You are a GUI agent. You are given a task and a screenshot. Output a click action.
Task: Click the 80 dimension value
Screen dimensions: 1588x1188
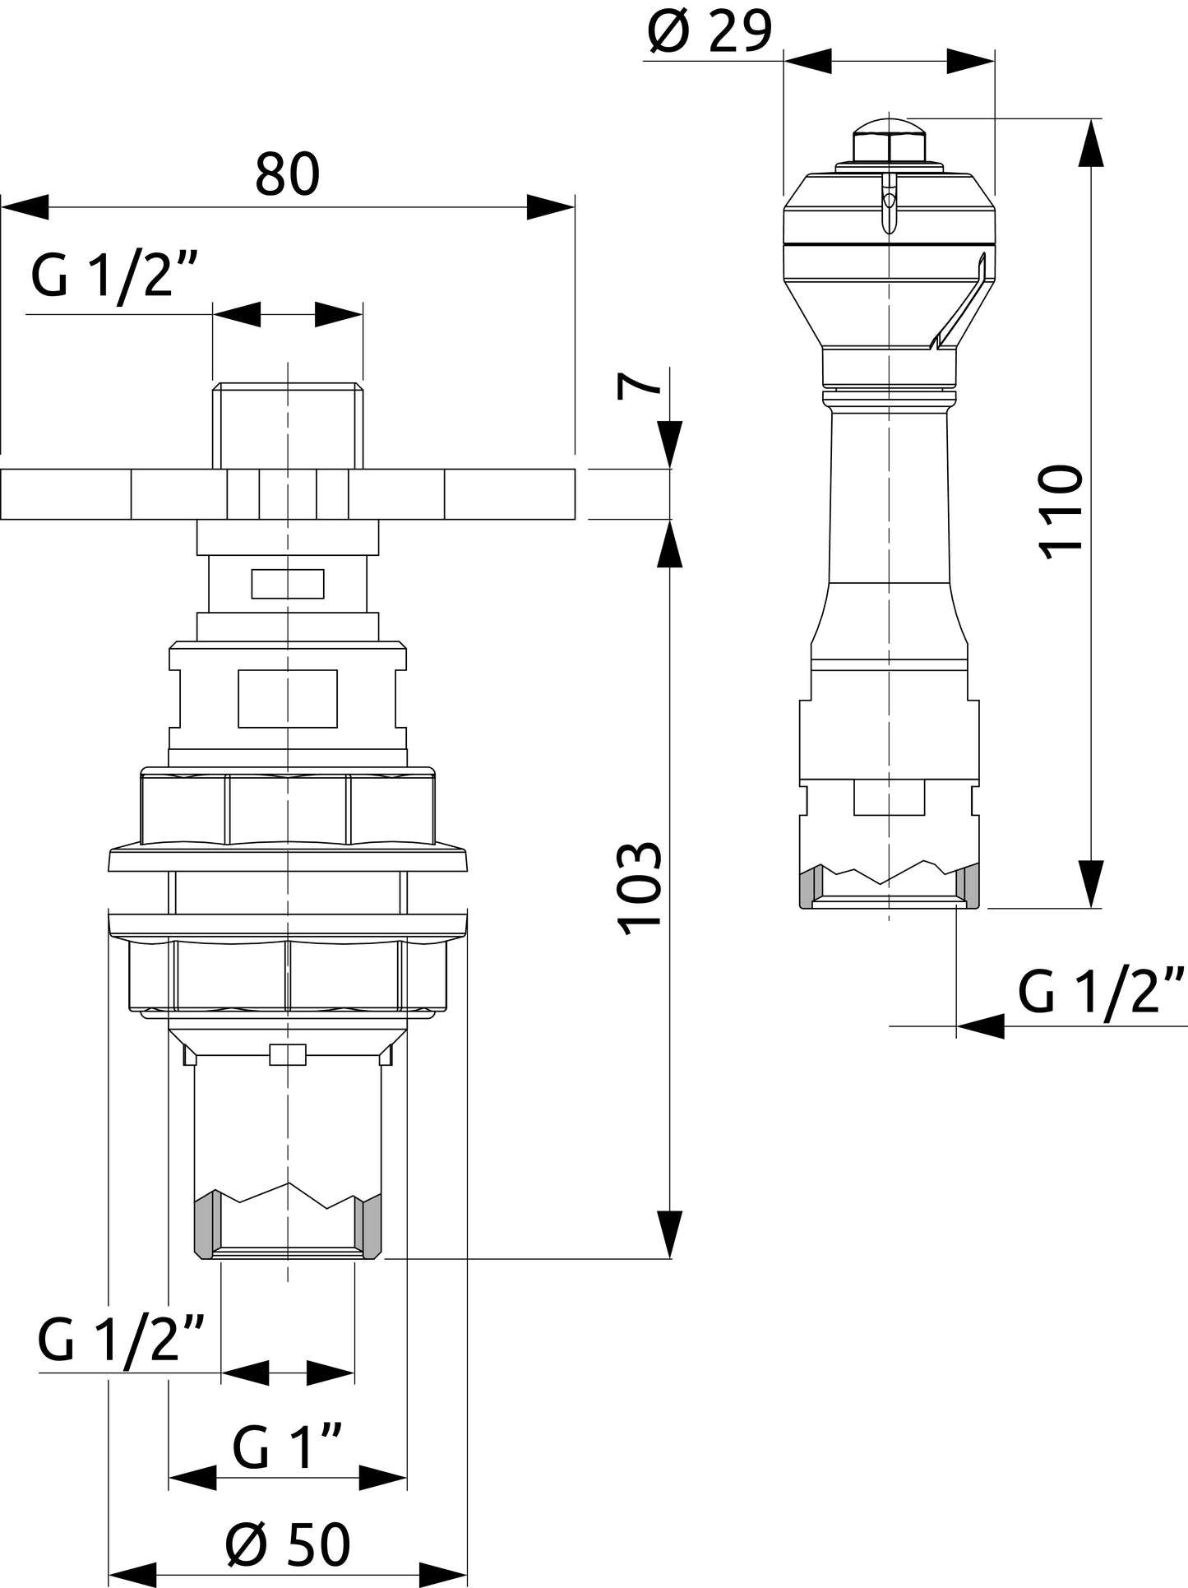[287, 174]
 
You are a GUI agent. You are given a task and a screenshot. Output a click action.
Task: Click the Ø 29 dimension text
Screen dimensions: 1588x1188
[710, 33]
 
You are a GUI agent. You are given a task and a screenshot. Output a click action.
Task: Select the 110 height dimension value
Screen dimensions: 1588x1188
[1061, 512]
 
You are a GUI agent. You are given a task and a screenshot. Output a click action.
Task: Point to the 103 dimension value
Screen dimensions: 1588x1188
[640, 889]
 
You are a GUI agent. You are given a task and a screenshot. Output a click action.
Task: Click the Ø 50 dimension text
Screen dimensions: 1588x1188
[288, 1544]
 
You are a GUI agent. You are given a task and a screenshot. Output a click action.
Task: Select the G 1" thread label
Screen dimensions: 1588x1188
[287, 1447]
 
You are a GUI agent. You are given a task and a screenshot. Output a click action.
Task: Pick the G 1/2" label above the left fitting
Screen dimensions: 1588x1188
[114, 277]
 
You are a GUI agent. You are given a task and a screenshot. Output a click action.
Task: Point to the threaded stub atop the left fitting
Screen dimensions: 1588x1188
[287, 424]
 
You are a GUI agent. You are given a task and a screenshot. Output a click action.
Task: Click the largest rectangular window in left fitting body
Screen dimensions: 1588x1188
[288, 698]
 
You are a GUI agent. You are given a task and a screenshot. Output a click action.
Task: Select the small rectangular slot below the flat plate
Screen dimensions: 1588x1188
[288, 583]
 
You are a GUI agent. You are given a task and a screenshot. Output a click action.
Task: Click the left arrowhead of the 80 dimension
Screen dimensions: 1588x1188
[25, 207]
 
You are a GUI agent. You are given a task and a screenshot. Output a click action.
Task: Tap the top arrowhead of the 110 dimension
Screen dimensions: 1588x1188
[1091, 143]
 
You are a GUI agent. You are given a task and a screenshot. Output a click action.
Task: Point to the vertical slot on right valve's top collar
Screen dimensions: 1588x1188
[889, 206]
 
